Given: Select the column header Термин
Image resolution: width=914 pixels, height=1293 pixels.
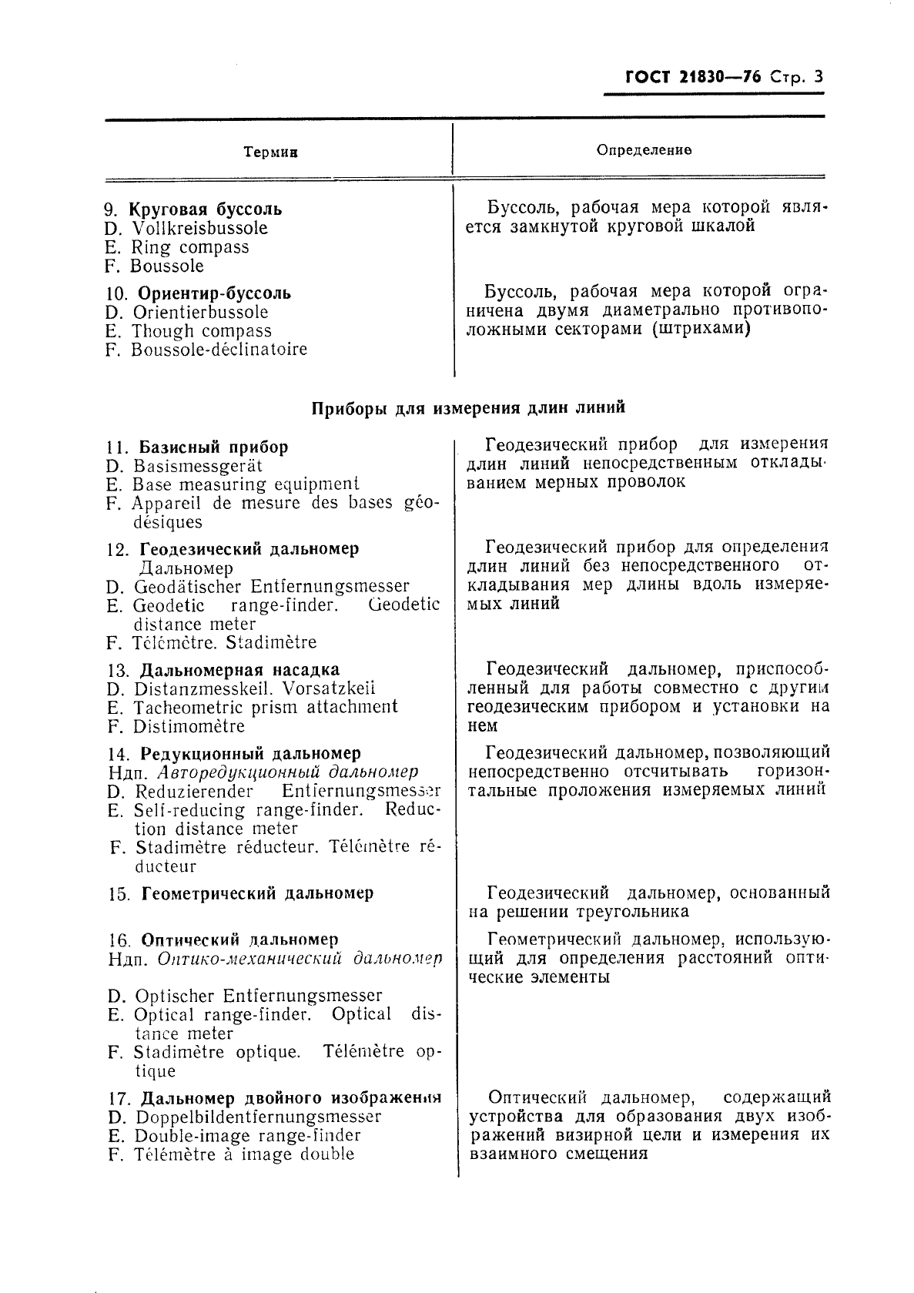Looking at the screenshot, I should [x=270, y=152].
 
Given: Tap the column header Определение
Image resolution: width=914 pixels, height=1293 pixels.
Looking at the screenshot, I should [x=644, y=149].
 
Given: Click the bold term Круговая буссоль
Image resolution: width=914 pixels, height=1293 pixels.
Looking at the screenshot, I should [x=205, y=209].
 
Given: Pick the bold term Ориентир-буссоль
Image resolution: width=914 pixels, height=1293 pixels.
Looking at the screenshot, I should [x=214, y=293].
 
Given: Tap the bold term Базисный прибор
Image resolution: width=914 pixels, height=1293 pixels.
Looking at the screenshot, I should [x=213, y=447].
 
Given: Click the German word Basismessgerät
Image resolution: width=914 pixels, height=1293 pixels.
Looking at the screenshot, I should [x=198, y=466].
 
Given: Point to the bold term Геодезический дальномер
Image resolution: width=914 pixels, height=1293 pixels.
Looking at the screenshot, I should [x=249, y=550].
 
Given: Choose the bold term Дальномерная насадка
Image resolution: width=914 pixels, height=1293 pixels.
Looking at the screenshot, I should [x=239, y=670].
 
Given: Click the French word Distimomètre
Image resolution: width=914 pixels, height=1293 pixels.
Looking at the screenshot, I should [x=189, y=726].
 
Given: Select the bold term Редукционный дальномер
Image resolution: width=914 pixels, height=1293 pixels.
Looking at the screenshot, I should [x=250, y=754].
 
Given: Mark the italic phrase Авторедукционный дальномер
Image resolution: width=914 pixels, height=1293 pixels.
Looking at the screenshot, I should [x=287, y=772].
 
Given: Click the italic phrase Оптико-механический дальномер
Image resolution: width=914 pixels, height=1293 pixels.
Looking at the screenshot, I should [x=300, y=960].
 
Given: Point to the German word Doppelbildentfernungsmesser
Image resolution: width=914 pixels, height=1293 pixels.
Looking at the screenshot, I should [x=258, y=1117].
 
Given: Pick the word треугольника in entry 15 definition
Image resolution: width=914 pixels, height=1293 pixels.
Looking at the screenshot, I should [x=632, y=913].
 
